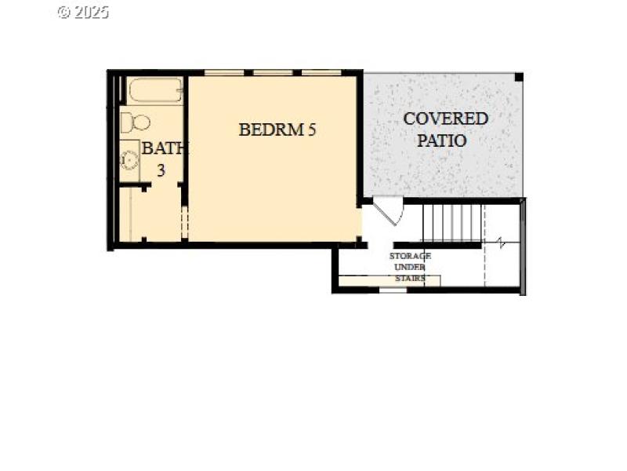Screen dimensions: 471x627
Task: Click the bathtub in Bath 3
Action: click(154, 90)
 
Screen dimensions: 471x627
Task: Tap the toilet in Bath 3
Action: click(135, 122)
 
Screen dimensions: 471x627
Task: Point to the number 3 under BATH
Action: click(161, 170)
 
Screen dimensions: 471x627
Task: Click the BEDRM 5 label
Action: click(277, 130)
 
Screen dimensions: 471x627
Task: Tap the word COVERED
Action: click(445, 119)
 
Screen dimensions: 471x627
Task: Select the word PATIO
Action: click(442, 141)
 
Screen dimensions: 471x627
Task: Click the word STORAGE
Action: click(410, 256)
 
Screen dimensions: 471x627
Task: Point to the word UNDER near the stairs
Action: click(410, 267)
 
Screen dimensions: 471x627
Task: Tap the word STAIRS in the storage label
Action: click(410, 278)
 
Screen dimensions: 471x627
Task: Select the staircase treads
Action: click(451, 223)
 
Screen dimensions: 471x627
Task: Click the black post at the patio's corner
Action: click(518, 77)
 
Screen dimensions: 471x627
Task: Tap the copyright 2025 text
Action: click(83, 12)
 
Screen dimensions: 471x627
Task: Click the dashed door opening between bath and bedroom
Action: click(184, 223)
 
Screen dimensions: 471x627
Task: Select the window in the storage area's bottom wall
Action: click(393, 290)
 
